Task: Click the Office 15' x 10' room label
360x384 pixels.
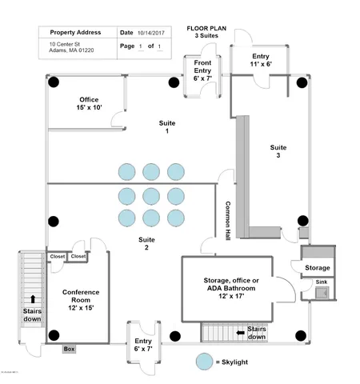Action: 89,103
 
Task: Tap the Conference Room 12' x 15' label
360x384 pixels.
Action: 81,299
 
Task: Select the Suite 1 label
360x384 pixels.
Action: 166,127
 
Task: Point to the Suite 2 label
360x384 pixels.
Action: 146,243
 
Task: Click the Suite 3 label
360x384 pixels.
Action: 278,151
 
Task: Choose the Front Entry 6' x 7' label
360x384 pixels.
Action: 202,70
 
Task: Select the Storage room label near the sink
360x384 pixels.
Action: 317,268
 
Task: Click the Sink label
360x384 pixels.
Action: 321,282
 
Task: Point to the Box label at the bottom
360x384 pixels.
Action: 69,349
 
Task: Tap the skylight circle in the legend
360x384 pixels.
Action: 206,361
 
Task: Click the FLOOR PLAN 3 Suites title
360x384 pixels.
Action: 208,33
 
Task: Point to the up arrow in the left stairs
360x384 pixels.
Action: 33,298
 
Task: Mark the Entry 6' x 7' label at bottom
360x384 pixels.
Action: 143,333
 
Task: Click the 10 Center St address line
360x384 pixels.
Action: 64,44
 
